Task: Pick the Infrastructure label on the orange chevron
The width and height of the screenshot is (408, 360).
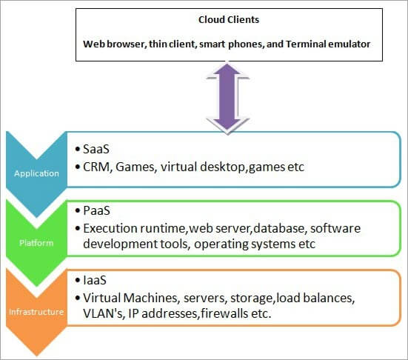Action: (35, 312)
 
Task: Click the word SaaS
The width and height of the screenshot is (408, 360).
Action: (97, 149)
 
